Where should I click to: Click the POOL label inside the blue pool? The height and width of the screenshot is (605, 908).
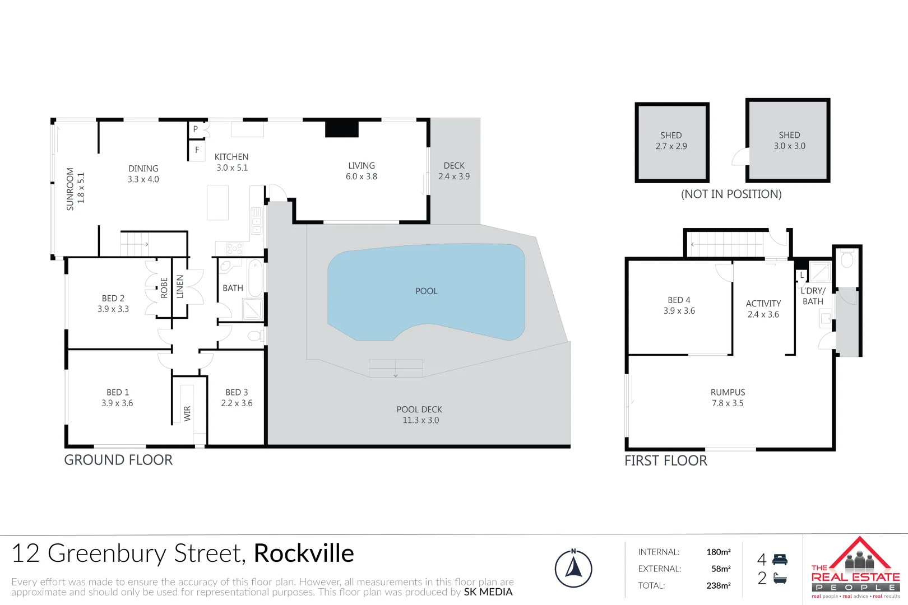click(426, 291)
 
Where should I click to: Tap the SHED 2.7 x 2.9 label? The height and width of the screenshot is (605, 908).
click(671, 141)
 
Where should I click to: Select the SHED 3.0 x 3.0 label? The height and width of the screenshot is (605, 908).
click(789, 141)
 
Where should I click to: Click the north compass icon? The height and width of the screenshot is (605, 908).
click(573, 569)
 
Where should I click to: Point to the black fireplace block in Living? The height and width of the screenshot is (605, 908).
click(342, 128)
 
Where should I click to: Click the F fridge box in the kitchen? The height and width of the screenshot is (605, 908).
click(197, 150)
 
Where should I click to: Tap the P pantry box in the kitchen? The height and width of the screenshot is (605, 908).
click(195, 129)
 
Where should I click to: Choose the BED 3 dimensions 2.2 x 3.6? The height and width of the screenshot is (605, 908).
click(237, 403)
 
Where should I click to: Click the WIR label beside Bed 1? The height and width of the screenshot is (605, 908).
click(187, 413)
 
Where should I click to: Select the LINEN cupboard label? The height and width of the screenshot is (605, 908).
click(180, 286)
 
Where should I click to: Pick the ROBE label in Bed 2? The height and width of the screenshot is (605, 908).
click(164, 287)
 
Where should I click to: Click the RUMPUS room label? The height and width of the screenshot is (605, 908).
click(728, 392)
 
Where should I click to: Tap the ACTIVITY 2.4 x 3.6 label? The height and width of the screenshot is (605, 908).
click(763, 309)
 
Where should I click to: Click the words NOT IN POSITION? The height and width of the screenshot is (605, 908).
click(731, 194)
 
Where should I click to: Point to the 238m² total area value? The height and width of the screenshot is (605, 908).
click(718, 585)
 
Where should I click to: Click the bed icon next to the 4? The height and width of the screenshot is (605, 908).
click(780, 559)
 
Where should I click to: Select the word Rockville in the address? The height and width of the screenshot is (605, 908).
click(304, 553)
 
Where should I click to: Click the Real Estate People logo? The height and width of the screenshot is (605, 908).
click(855, 569)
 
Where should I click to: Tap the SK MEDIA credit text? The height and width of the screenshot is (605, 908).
click(488, 592)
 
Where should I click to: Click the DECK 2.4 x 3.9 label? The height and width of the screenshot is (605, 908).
click(454, 171)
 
